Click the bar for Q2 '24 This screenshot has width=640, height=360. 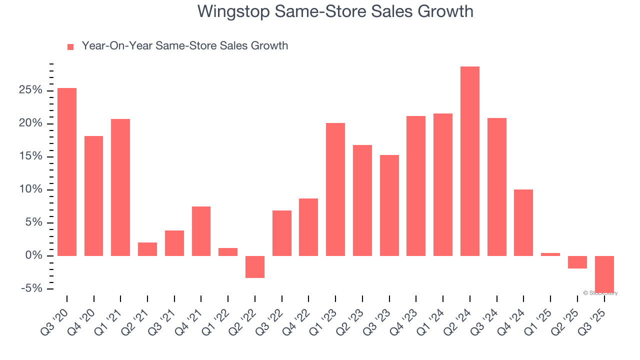(469, 161)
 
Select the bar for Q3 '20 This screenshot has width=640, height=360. (67, 172)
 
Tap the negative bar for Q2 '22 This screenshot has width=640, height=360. (255, 267)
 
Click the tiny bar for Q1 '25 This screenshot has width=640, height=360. (550, 254)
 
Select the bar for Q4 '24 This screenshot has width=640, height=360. (523, 222)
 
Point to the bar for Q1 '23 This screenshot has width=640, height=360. (335, 189)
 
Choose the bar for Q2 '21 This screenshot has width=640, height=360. (147, 249)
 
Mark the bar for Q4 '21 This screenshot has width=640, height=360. (201, 231)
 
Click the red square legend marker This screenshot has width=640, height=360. (70, 46)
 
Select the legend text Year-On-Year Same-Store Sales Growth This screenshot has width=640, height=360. (184, 46)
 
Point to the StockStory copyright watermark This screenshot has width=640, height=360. (600, 293)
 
